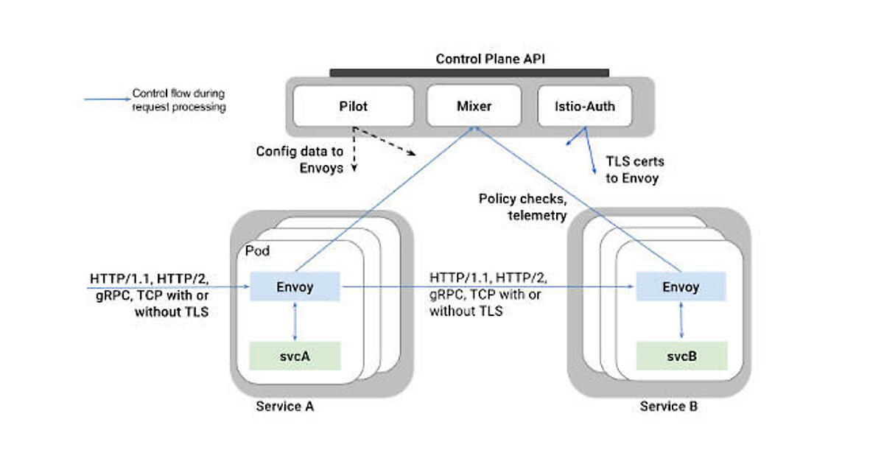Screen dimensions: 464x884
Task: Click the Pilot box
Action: coord(352,106)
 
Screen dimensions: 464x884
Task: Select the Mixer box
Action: coord(474,106)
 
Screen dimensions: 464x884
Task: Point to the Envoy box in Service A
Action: coord(295,287)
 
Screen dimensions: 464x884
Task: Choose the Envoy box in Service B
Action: coord(681,287)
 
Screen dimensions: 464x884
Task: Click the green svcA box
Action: coord(295,356)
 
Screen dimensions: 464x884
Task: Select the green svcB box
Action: coord(681,356)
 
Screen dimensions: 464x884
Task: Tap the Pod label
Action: coord(258,251)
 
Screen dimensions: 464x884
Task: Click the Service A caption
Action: coord(285,407)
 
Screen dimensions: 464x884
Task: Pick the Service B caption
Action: coord(669,407)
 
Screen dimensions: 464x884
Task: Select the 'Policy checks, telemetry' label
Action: coord(523,206)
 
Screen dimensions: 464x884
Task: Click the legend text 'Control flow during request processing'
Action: coord(178,100)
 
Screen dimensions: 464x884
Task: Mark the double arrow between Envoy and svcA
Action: coord(295,321)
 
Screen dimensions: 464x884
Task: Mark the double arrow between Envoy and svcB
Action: coord(681,321)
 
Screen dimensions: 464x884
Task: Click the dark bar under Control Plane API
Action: coord(469,72)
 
